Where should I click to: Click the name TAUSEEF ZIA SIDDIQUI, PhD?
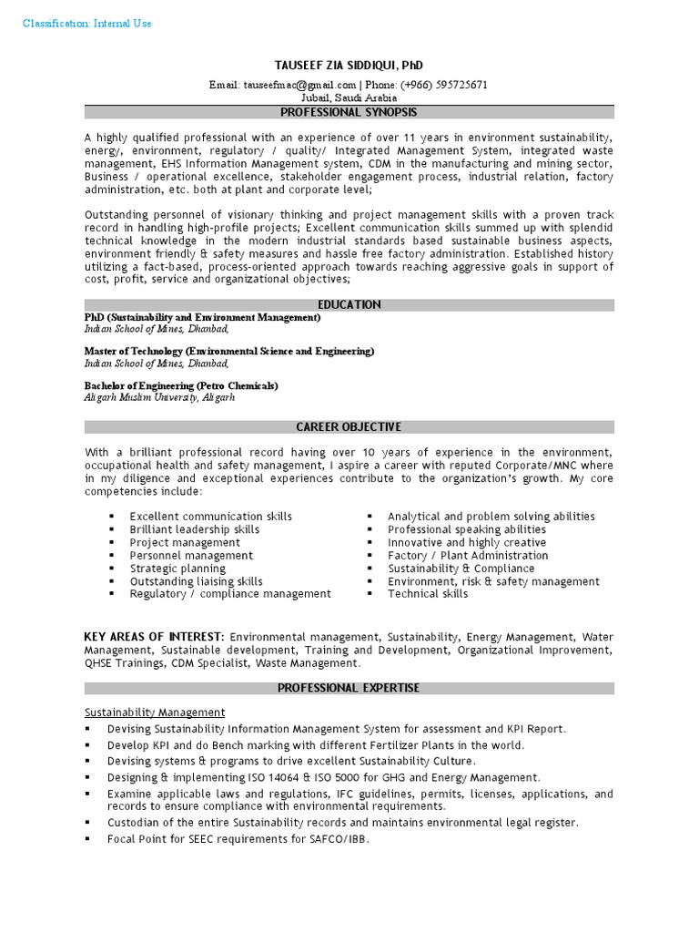pyautogui.click(x=349, y=66)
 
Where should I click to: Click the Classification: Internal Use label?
pyautogui.click(x=87, y=23)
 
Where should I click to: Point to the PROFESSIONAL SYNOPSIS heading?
pyautogui.click(x=349, y=112)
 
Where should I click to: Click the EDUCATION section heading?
pyautogui.click(x=349, y=304)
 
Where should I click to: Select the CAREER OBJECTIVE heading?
pyautogui.click(x=349, y=426)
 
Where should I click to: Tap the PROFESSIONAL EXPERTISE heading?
pyautogui.click(x=349, y=688)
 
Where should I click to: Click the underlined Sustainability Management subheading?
pyautogui.click(x=155, y=712)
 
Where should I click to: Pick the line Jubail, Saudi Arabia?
pyautogui.click(x=349, y=97)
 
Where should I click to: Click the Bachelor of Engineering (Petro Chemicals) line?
pyautogui.click(x=181, y=385)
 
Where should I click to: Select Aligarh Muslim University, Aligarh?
pyautogui.click(x=159, y=397)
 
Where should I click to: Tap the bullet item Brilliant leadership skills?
pyautogui.click(x=194, y=529)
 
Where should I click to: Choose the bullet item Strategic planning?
pyautogui.click(x=177, y=569)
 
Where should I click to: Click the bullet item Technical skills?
pyautogui.click(x=428, y=594)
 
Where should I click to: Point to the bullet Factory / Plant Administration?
pyautogui.click(x=468, y=555)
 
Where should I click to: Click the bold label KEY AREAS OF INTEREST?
pyautogui.click(x=154, y=636)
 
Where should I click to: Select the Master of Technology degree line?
pyautogui.click(x=228, y=351)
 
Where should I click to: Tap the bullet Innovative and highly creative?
pyautogui.click(x=467, y=542)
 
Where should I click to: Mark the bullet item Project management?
pyautogui.click(x=185, y=542)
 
